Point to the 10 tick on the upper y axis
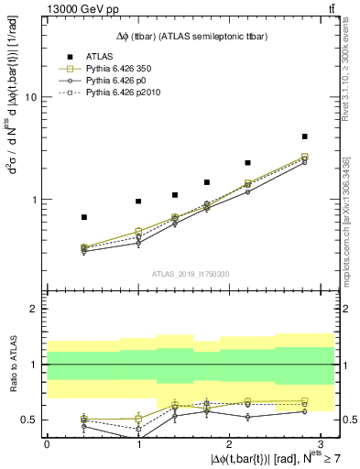pos(32,97)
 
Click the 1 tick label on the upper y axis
pos(35,200)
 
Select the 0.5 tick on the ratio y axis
pos(30,420)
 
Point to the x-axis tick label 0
pos(47,443)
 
